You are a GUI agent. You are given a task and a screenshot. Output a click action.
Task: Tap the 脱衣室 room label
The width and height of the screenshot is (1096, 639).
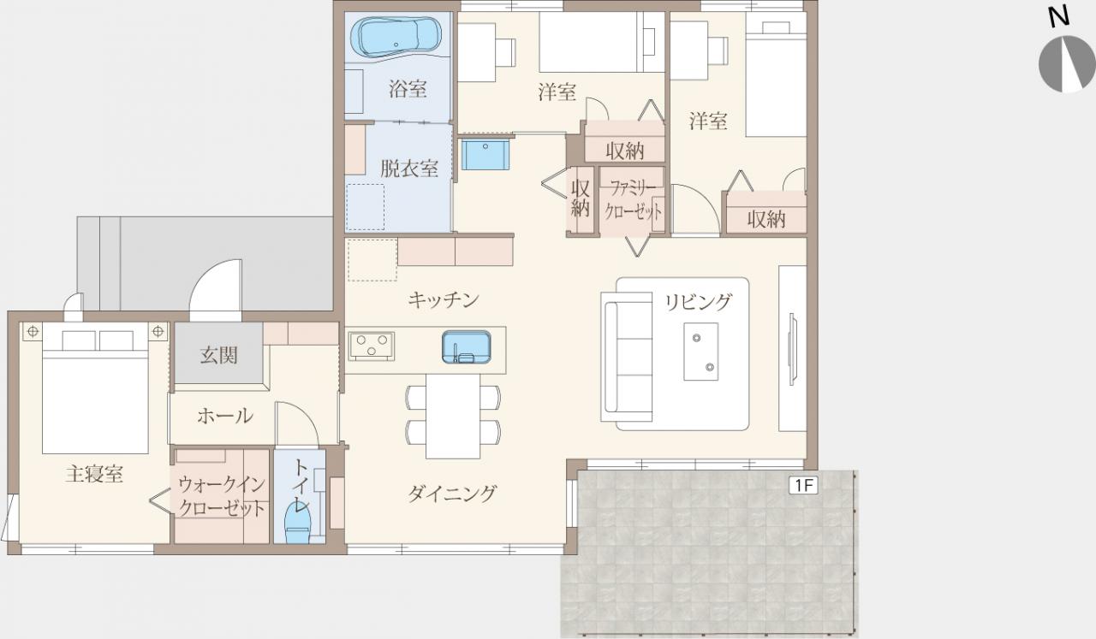click(409, 169)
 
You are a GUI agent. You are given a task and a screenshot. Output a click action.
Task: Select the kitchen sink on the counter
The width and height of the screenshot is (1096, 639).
click(467, 347)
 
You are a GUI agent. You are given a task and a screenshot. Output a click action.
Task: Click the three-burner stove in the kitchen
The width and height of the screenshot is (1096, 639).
click(372, 346)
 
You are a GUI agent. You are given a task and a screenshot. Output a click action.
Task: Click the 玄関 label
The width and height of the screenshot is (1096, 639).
click(218, 356)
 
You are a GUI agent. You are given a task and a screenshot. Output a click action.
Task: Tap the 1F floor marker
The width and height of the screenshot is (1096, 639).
click(803, 485)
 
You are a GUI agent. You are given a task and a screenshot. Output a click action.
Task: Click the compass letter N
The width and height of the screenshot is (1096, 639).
click(1059, 17)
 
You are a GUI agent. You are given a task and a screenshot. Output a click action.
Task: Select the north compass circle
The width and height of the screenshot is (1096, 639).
click(1067, 63)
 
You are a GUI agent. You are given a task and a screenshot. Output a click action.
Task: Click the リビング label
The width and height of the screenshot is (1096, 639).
click(698, 302)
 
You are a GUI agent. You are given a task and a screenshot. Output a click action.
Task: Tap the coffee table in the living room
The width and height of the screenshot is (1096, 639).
click(701, 351)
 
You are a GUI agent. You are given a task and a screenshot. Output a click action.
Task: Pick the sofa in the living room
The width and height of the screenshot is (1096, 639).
click(627, 357)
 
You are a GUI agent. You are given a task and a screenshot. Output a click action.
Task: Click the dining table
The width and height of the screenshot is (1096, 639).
click(453, 416)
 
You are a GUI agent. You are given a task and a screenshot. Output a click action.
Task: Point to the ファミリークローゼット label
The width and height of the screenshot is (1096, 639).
click(633, 200)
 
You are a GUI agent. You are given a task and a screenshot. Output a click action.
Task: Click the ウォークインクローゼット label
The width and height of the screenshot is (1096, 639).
click(222, 496)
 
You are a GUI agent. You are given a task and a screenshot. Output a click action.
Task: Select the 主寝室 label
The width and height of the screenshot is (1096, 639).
click(94, 474)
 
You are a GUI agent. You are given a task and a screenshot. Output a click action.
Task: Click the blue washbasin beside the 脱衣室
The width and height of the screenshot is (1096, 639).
click(485, 153)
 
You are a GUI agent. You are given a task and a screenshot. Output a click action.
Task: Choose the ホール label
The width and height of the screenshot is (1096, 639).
click(225, 416)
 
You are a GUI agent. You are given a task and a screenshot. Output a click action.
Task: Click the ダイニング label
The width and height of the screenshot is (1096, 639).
click(452, 494)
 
